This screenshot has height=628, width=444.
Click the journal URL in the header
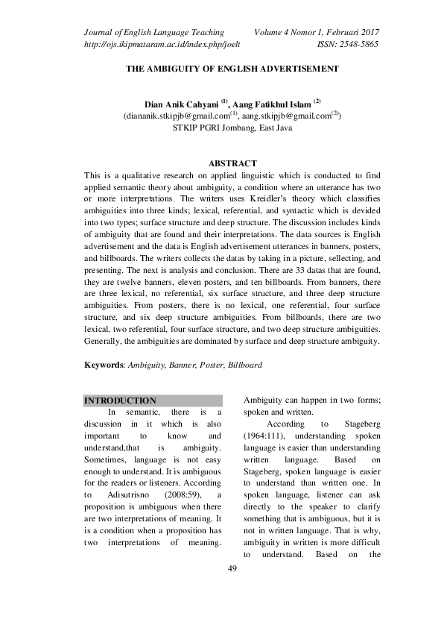pyautogui.click(x=150, y=45)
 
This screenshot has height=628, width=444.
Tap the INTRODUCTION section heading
pyautogui.click(x=120, y=401)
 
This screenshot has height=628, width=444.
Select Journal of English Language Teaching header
pyautogui.click(x=154, y=32)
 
